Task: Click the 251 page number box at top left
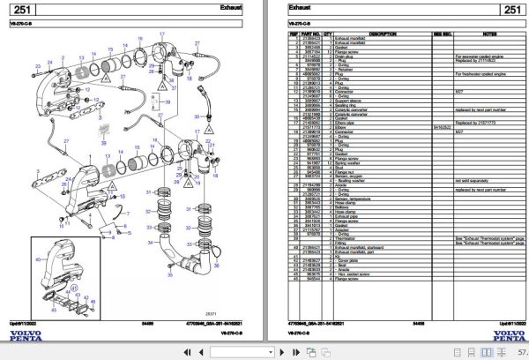pos(25,10)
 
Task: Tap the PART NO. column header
pos(312,30)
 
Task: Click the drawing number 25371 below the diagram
pos(209,313)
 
